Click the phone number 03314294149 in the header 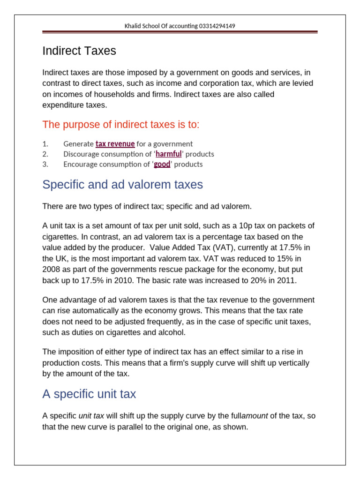(x=216, y=26)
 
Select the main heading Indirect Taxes (x=79, y=51)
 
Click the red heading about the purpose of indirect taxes (x=121, y=125)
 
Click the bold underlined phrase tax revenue (x=115, y=144)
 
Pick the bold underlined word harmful (x=168, y=154)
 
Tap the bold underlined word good (x=162, y=165)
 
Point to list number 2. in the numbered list (x=45, y=154)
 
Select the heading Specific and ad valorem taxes (x=122, y=185)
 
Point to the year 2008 (x=52, y=270)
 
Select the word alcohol (x=172, y=332)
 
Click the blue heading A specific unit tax (x=89, y=394)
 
